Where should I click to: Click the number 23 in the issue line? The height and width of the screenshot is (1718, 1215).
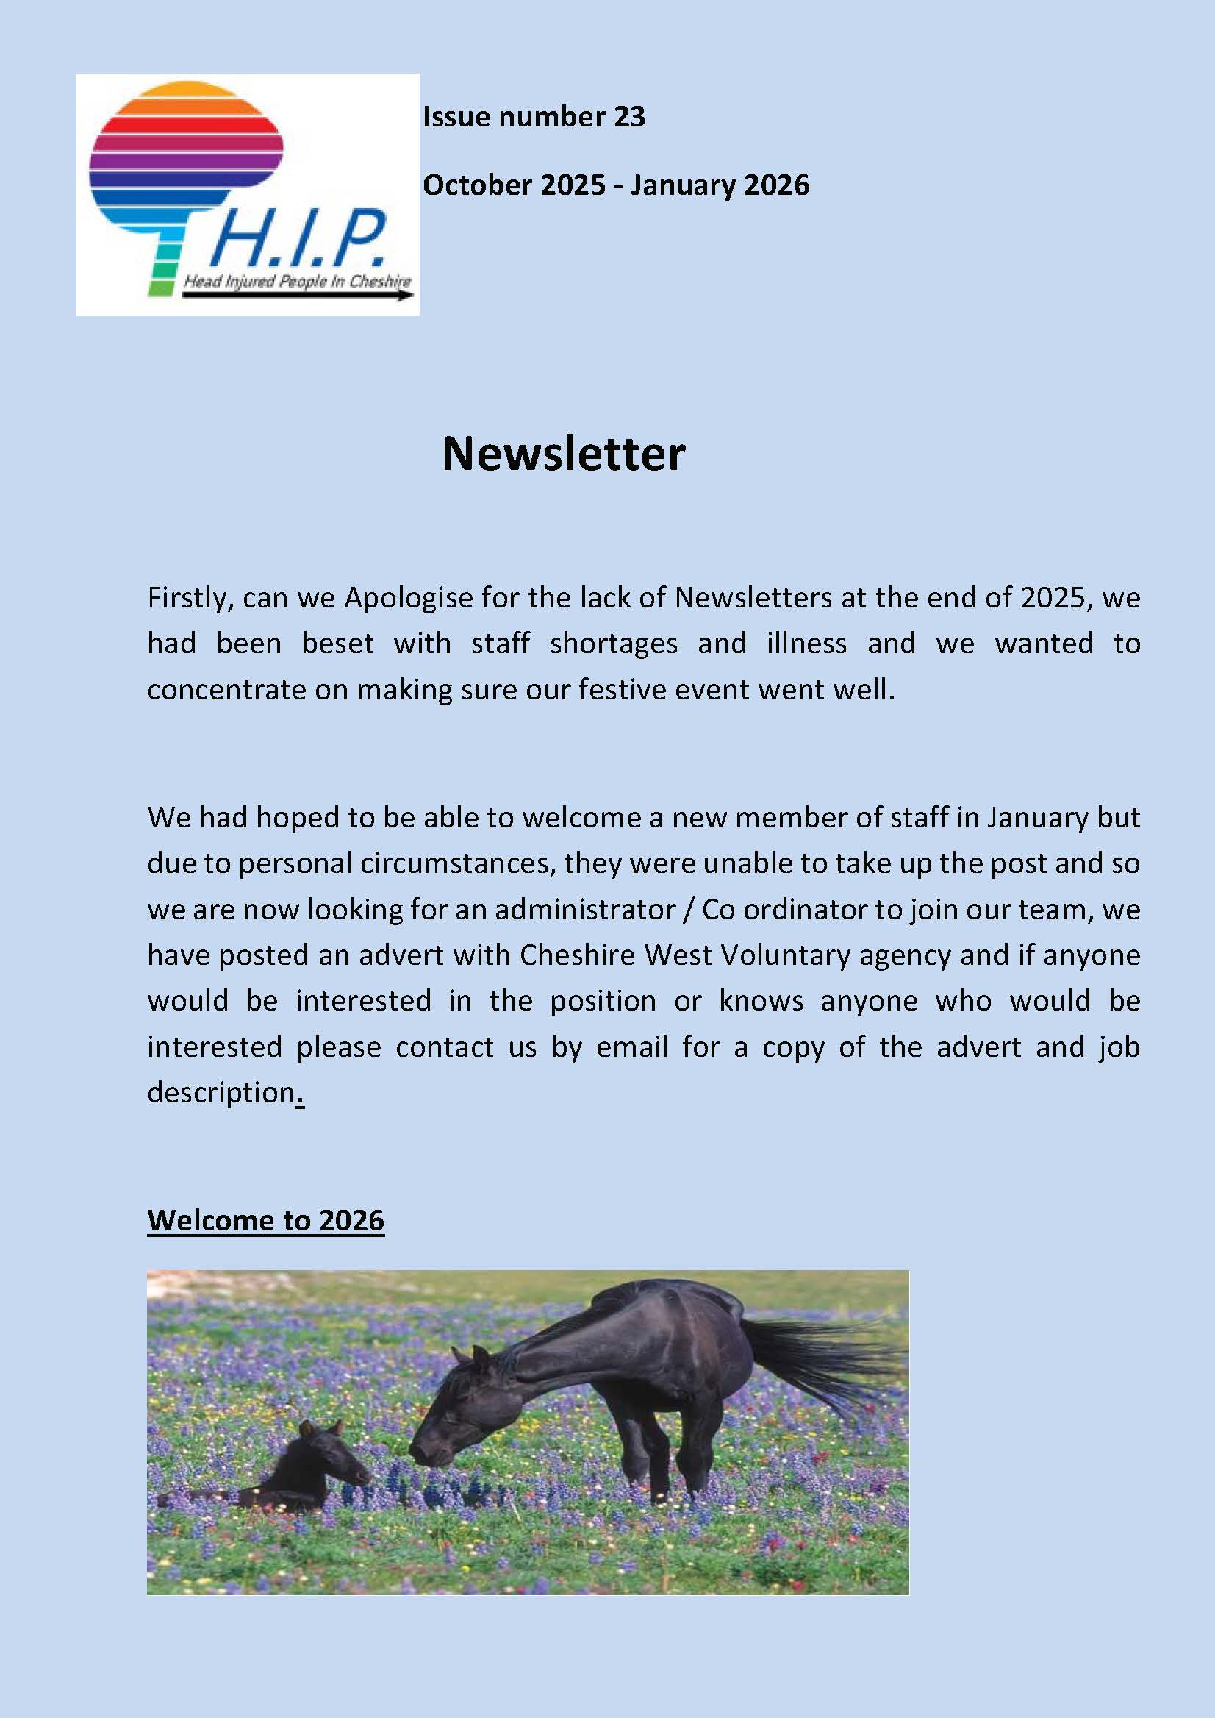pyautogui.click(x=628, y=117)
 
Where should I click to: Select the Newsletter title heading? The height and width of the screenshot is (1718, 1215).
pyautogui.click(x=563, y=454)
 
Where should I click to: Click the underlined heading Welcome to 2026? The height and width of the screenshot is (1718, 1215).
pyautogui.click(x=265, y=1219)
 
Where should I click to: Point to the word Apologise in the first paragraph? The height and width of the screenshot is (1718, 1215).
pyautogui.click(x=408, y=597)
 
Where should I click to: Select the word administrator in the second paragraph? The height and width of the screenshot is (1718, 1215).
pyautogui.click(x=585, y=909)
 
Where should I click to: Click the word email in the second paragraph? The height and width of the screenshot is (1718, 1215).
pyautogui.click(x=631, y=1047)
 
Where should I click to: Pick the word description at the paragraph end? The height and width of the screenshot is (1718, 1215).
pyautogui.click(x=221, y=1092)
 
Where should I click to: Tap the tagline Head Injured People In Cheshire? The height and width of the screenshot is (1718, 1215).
pyautogui.click(x=297, y=282)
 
